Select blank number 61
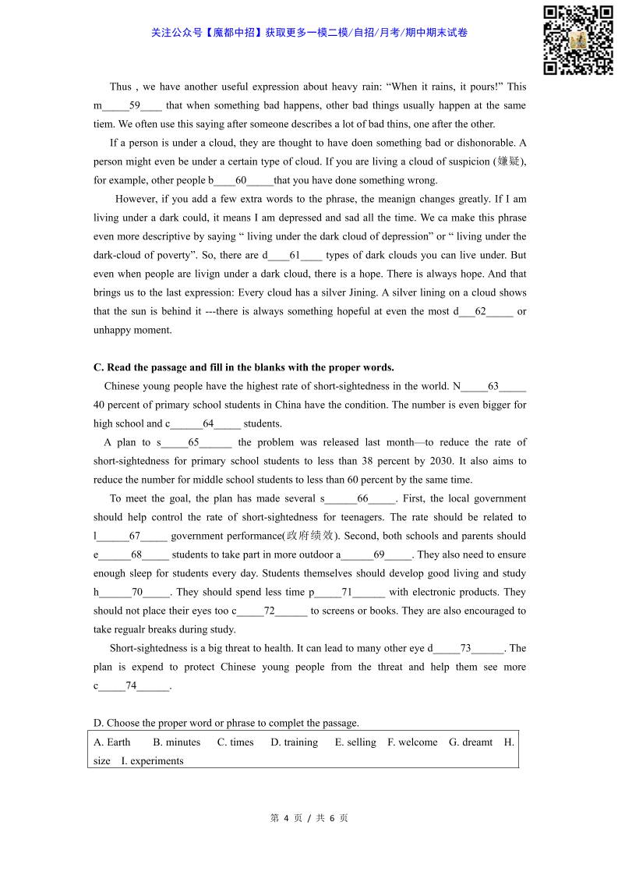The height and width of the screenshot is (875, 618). click(295, 255)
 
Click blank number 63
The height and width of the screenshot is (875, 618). click(493, 386)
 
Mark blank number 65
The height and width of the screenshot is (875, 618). click(194, 442)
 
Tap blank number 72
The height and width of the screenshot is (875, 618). click(270, 611)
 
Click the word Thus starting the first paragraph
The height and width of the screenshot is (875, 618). click(121, 87)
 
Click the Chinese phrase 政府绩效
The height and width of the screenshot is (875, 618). click(309, 536)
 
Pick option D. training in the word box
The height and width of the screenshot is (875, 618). click(294, 742)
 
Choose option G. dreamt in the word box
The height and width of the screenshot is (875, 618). click(471, 742)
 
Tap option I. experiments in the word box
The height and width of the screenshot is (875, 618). click(152, 761)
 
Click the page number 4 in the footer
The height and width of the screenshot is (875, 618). click(286, 818)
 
